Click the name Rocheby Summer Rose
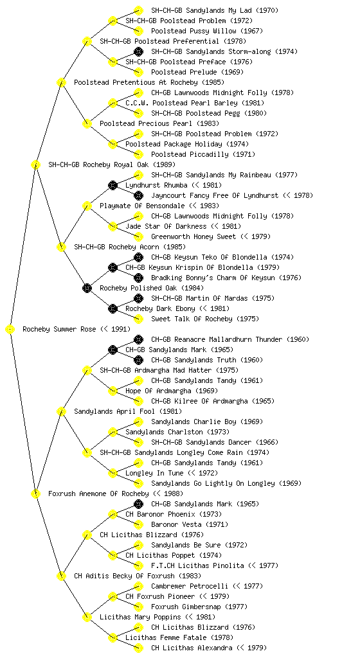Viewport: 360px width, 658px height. [x=59, y=329]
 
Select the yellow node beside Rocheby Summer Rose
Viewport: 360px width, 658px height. [x=10, y=329]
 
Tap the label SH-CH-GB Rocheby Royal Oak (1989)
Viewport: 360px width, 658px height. [x=112, y=164]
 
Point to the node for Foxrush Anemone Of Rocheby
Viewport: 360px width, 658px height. [x=35, y=493]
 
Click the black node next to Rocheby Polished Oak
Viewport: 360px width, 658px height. [x=87, y=288]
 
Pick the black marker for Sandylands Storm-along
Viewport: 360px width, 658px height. [x=138, y=51]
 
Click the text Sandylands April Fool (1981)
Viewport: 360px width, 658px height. [x=128, y=411]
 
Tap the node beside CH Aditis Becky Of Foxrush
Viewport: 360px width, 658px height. [x=61, y=576]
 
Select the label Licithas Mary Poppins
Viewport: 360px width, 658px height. [x=140, y=617]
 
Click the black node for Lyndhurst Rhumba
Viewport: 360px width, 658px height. [x=113, y=185]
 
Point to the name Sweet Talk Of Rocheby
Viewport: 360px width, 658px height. [x=192, y=319]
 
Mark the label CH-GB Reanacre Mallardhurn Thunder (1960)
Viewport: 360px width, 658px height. [x=230, y=339]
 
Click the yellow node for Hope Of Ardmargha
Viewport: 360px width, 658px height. [x=113, y=391]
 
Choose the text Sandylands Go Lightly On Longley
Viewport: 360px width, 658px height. [x=213, y=483]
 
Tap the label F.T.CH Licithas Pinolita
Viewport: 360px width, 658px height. [x=197, y=565]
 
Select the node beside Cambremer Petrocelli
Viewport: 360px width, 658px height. [x=138, y=586]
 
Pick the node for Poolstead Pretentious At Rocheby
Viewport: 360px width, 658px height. [x=61, y=82]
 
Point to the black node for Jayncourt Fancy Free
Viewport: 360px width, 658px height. [x=138, y=195]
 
